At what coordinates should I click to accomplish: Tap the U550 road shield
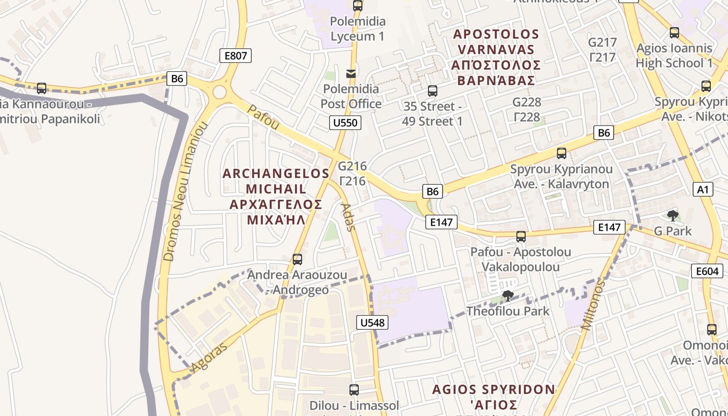[x=345, y=123]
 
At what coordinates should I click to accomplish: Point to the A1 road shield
[x=703, y=189]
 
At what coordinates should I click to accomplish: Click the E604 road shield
[x=707, y=271]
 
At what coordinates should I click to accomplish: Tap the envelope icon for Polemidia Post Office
[x=352, y=73]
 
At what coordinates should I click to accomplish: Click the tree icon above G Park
[x=672, y=215]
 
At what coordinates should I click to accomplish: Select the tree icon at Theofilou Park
[x=508, y=296]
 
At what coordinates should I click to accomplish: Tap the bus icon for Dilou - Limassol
[x=354, y=389]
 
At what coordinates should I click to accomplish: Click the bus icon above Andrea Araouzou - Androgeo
[x=297, y=259]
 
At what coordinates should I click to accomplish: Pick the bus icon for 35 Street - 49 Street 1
[x=432, y=91]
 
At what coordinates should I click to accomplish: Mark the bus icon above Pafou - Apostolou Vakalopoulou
[x=521, y=237]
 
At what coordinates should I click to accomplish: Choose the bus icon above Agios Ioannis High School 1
[x=674, y=32]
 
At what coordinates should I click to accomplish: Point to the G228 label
[x=527, y=102]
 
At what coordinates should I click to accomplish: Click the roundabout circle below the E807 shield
[x=219, y=93]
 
